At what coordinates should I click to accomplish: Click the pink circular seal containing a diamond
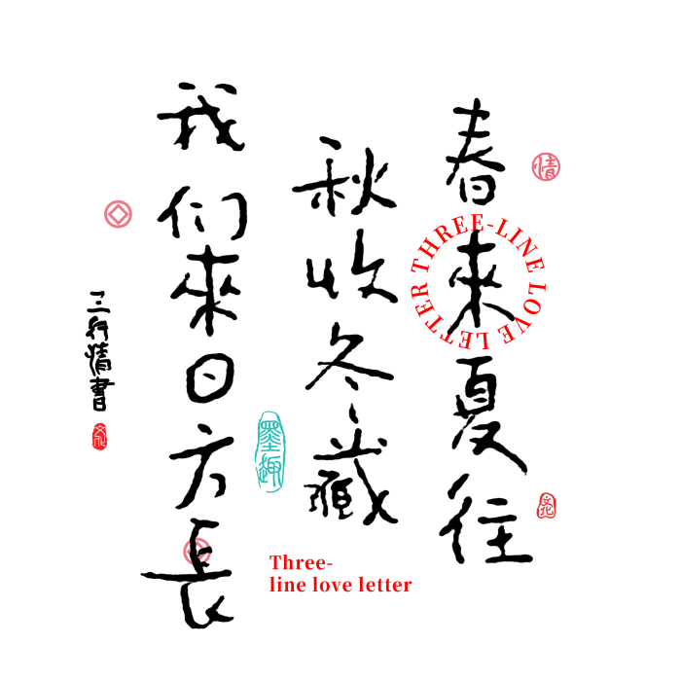click(118, 214)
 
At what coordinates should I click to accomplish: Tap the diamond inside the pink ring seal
click(118, 214)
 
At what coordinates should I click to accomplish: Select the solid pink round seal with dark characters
click(546, 166)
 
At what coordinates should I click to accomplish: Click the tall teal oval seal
click(270, 451)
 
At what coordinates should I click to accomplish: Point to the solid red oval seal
click(99, 437)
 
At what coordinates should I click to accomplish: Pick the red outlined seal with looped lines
click(547, 506)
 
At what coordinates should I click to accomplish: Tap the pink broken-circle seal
click(197, 552)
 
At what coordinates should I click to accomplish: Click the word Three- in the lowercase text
click(301, 563)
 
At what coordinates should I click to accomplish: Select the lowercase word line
click(287, 585)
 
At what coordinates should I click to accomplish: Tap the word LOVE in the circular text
click(528, 313)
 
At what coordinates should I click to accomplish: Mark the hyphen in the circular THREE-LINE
click(490, 227)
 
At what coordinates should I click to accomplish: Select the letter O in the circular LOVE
click(536, 304)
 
